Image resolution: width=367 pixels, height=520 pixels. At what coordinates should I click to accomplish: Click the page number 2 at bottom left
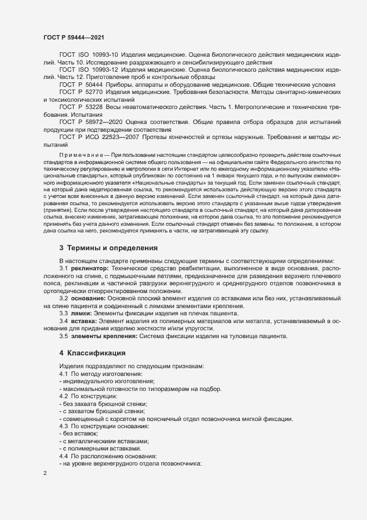(44, 474)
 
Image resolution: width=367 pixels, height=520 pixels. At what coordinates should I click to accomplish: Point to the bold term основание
(91, 299)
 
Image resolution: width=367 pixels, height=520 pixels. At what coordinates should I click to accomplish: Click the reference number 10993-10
(104, 56)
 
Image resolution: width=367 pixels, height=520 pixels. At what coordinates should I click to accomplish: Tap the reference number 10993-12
(104, 70)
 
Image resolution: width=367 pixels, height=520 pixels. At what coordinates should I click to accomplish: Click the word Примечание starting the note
(83, 153)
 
